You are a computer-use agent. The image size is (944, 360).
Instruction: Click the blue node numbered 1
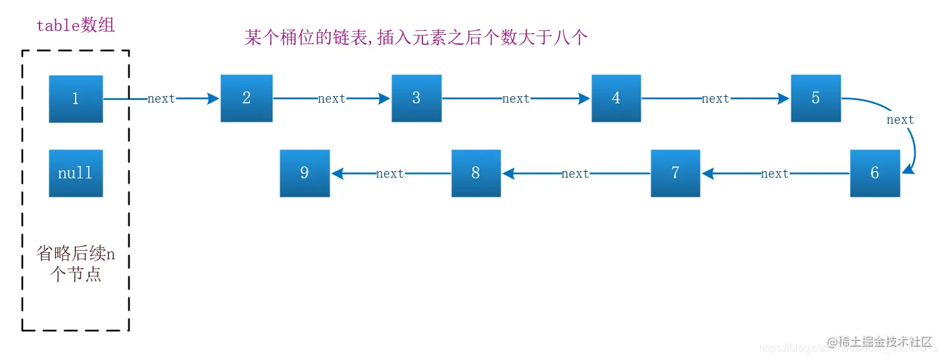click(76, 99)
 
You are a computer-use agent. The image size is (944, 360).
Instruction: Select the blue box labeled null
click(76, 173)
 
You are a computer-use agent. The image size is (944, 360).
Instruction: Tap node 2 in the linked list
click(246, 98)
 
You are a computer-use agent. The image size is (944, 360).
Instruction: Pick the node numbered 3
click(416, 98)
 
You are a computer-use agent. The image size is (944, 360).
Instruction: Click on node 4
click(616, 98)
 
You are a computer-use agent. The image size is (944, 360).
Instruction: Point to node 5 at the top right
click(816, 98)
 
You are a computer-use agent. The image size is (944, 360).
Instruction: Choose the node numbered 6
click(874, 173)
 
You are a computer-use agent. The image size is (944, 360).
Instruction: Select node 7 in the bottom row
click(675, 173)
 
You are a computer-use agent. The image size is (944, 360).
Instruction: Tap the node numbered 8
click(476, 173)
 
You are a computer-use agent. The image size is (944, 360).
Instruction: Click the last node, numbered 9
click(305, 173)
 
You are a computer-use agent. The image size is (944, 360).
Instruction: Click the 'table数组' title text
click(76, 26)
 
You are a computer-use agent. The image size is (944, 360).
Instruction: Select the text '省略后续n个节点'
click(76, 264)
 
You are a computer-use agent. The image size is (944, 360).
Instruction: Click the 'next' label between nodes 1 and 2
click(161, 99)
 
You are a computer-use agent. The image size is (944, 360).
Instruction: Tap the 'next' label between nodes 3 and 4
click(516, 99)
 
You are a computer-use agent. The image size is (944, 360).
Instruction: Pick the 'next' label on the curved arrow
click(900, 120)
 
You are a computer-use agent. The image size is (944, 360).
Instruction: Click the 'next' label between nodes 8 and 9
click(389, 174)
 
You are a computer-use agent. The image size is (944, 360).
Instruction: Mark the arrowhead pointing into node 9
click(337, 173)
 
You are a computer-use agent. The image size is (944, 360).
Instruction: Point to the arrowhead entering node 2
click(213, 99)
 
